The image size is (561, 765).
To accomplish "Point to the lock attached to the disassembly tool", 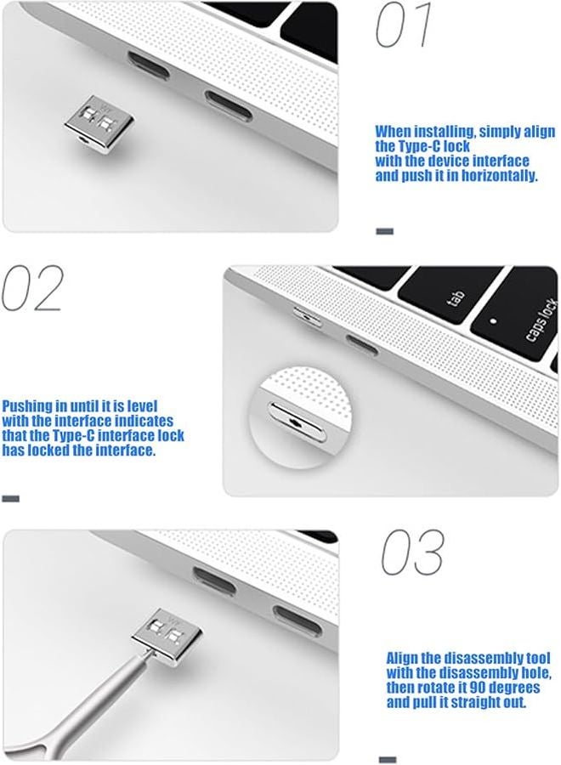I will pos(159,638).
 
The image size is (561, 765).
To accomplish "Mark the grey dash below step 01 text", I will pos(384,230).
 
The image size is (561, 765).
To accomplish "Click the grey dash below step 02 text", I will pos(10,499).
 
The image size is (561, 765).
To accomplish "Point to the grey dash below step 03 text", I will pos(387,759).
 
